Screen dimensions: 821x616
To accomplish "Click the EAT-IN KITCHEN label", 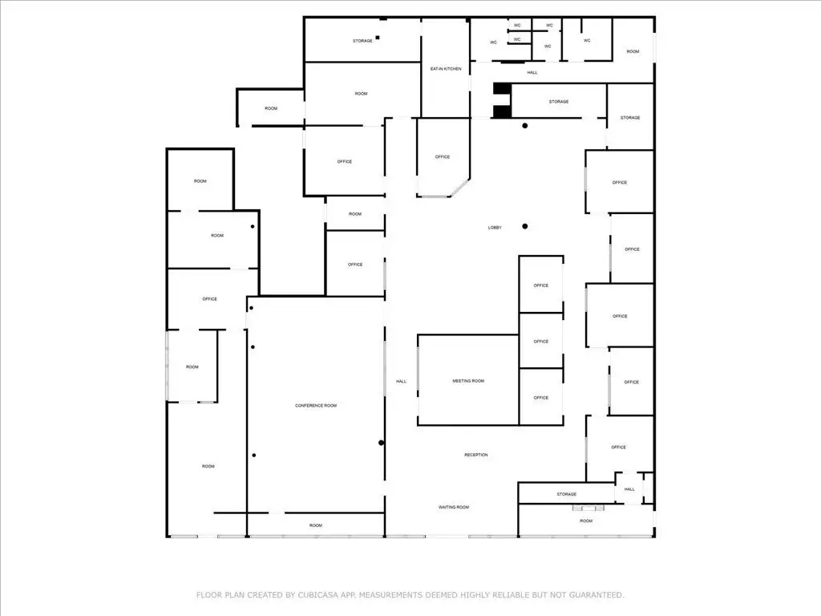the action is coord(446,69).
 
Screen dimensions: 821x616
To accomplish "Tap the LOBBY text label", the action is coord(495,227).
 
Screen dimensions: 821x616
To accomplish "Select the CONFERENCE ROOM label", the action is coord(316,405).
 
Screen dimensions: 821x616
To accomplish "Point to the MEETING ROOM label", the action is coord(468,381).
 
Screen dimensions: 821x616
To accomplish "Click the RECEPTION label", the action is coord(476,455).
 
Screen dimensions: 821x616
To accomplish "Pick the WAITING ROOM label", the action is coord(454,507).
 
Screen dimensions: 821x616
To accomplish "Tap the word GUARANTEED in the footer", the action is coord(597,595).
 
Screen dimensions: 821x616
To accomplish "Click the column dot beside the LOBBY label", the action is coord(524,226).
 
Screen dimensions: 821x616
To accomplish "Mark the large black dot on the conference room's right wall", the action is coord(381,443).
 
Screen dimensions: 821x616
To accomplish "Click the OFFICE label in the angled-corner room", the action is coord(443,156).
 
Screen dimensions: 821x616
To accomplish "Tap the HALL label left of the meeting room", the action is coord(401,381).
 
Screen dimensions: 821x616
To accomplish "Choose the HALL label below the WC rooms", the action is coord(532,72).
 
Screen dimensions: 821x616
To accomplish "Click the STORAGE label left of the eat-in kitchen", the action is coord(362,40).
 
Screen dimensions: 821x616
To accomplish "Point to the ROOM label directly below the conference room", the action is coord(315,525).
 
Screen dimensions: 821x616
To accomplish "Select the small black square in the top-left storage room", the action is coord(378,38).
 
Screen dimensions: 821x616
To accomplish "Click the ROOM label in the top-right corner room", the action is coord(633,51).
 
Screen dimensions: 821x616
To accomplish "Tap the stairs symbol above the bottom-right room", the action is coord(588,508).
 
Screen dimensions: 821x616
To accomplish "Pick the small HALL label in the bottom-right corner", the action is coord(629,489).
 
